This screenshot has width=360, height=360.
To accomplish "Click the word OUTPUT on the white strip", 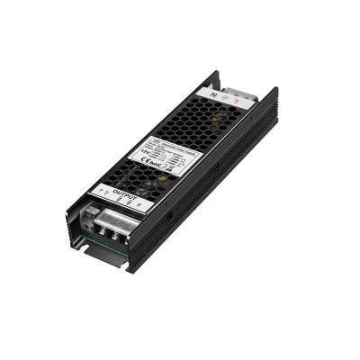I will point(126,193).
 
